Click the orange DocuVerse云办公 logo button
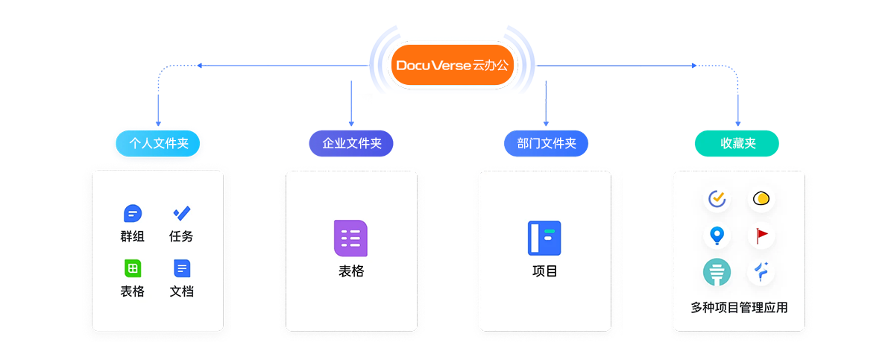point(453,66)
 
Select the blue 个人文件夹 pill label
point(158,144)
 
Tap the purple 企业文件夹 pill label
point(351,144)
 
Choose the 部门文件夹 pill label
point(546,144)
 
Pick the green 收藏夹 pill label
point(737,144)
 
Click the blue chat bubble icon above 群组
point(132,214)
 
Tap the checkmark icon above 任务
point(181,214)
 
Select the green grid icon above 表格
point(132,268)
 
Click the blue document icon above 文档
point(181,268)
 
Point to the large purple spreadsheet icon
point(350,239)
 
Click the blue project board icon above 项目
point(544,239)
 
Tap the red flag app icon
point(761,236)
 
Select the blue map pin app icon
point(717,236)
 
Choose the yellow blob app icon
point(761,199)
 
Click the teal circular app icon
point(717,273)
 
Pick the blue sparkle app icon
point(761,273)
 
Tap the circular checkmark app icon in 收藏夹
point(717,199)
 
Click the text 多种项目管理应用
point(739,307)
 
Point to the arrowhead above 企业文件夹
point(351,123)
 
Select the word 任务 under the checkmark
point(181,236)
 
